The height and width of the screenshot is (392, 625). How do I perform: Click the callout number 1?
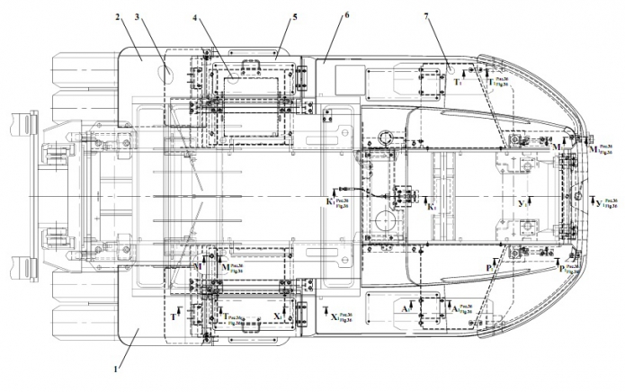[x=116, y=368]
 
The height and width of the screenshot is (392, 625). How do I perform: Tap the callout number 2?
[x=117, y=16]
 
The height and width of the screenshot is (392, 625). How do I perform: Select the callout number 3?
[x=138, y=16]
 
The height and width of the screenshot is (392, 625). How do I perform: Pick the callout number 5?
[x=293, y=16]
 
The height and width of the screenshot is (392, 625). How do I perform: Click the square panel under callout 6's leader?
[x=345, y=79]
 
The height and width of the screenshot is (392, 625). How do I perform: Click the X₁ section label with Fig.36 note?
[x=333, y=316]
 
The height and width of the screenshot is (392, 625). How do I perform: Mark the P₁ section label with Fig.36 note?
[x=566, y=267]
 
